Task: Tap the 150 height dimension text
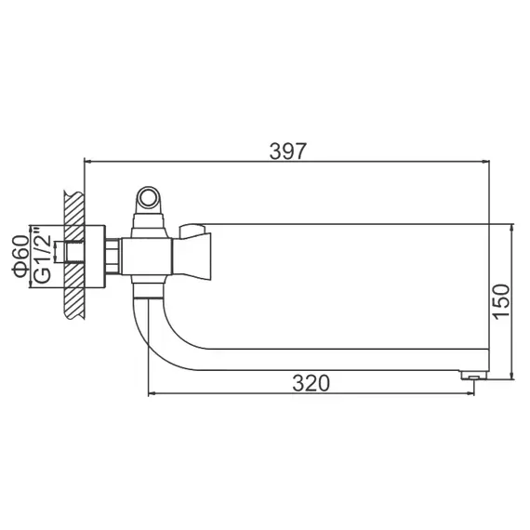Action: click(x=501, y=302)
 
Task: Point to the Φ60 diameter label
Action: click(x=20, y=256)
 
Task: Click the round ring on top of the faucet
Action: click(x=149, y=198)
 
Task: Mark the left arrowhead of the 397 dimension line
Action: click(x=89, y=162)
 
